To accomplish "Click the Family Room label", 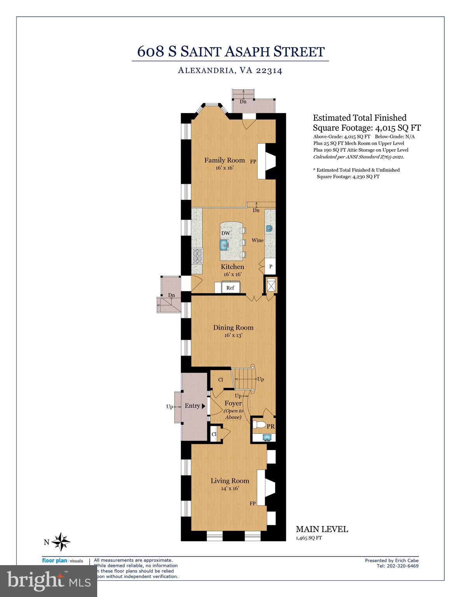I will coord(225,160).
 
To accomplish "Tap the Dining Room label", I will coord(233,328).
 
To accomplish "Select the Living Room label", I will coord(230,481).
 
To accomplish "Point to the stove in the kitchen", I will coord(197,257).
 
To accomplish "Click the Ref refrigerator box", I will coord(230,288).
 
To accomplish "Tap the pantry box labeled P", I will coord(271,267).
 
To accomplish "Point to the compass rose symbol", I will coord(61,541).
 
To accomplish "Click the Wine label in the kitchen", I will coord(257,240).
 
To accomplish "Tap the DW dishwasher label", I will coord(225,233).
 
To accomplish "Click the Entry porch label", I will coord(192,406).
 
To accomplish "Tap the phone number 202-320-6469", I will coord(397,566).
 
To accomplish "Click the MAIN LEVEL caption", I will coord(322,529).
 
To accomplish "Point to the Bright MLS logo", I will coord(49,581).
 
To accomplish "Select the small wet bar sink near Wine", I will coord(269,228).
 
